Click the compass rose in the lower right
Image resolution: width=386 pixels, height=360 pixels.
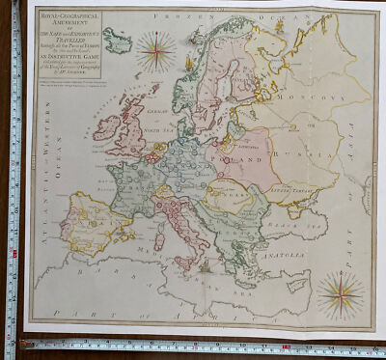341,294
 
